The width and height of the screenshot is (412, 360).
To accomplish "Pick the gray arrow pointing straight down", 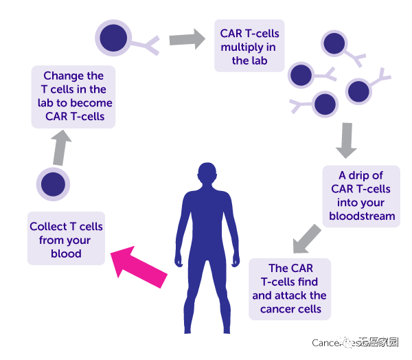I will pos(347,141).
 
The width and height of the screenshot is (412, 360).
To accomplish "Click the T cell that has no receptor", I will pos(53,184).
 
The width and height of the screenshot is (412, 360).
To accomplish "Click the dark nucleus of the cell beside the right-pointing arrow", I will pos(112,38).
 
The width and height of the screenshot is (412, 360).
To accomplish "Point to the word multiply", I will pos(242,47).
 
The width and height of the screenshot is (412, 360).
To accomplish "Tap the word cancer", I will pos(277,309).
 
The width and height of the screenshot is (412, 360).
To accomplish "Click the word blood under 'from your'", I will pos(66,254).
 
